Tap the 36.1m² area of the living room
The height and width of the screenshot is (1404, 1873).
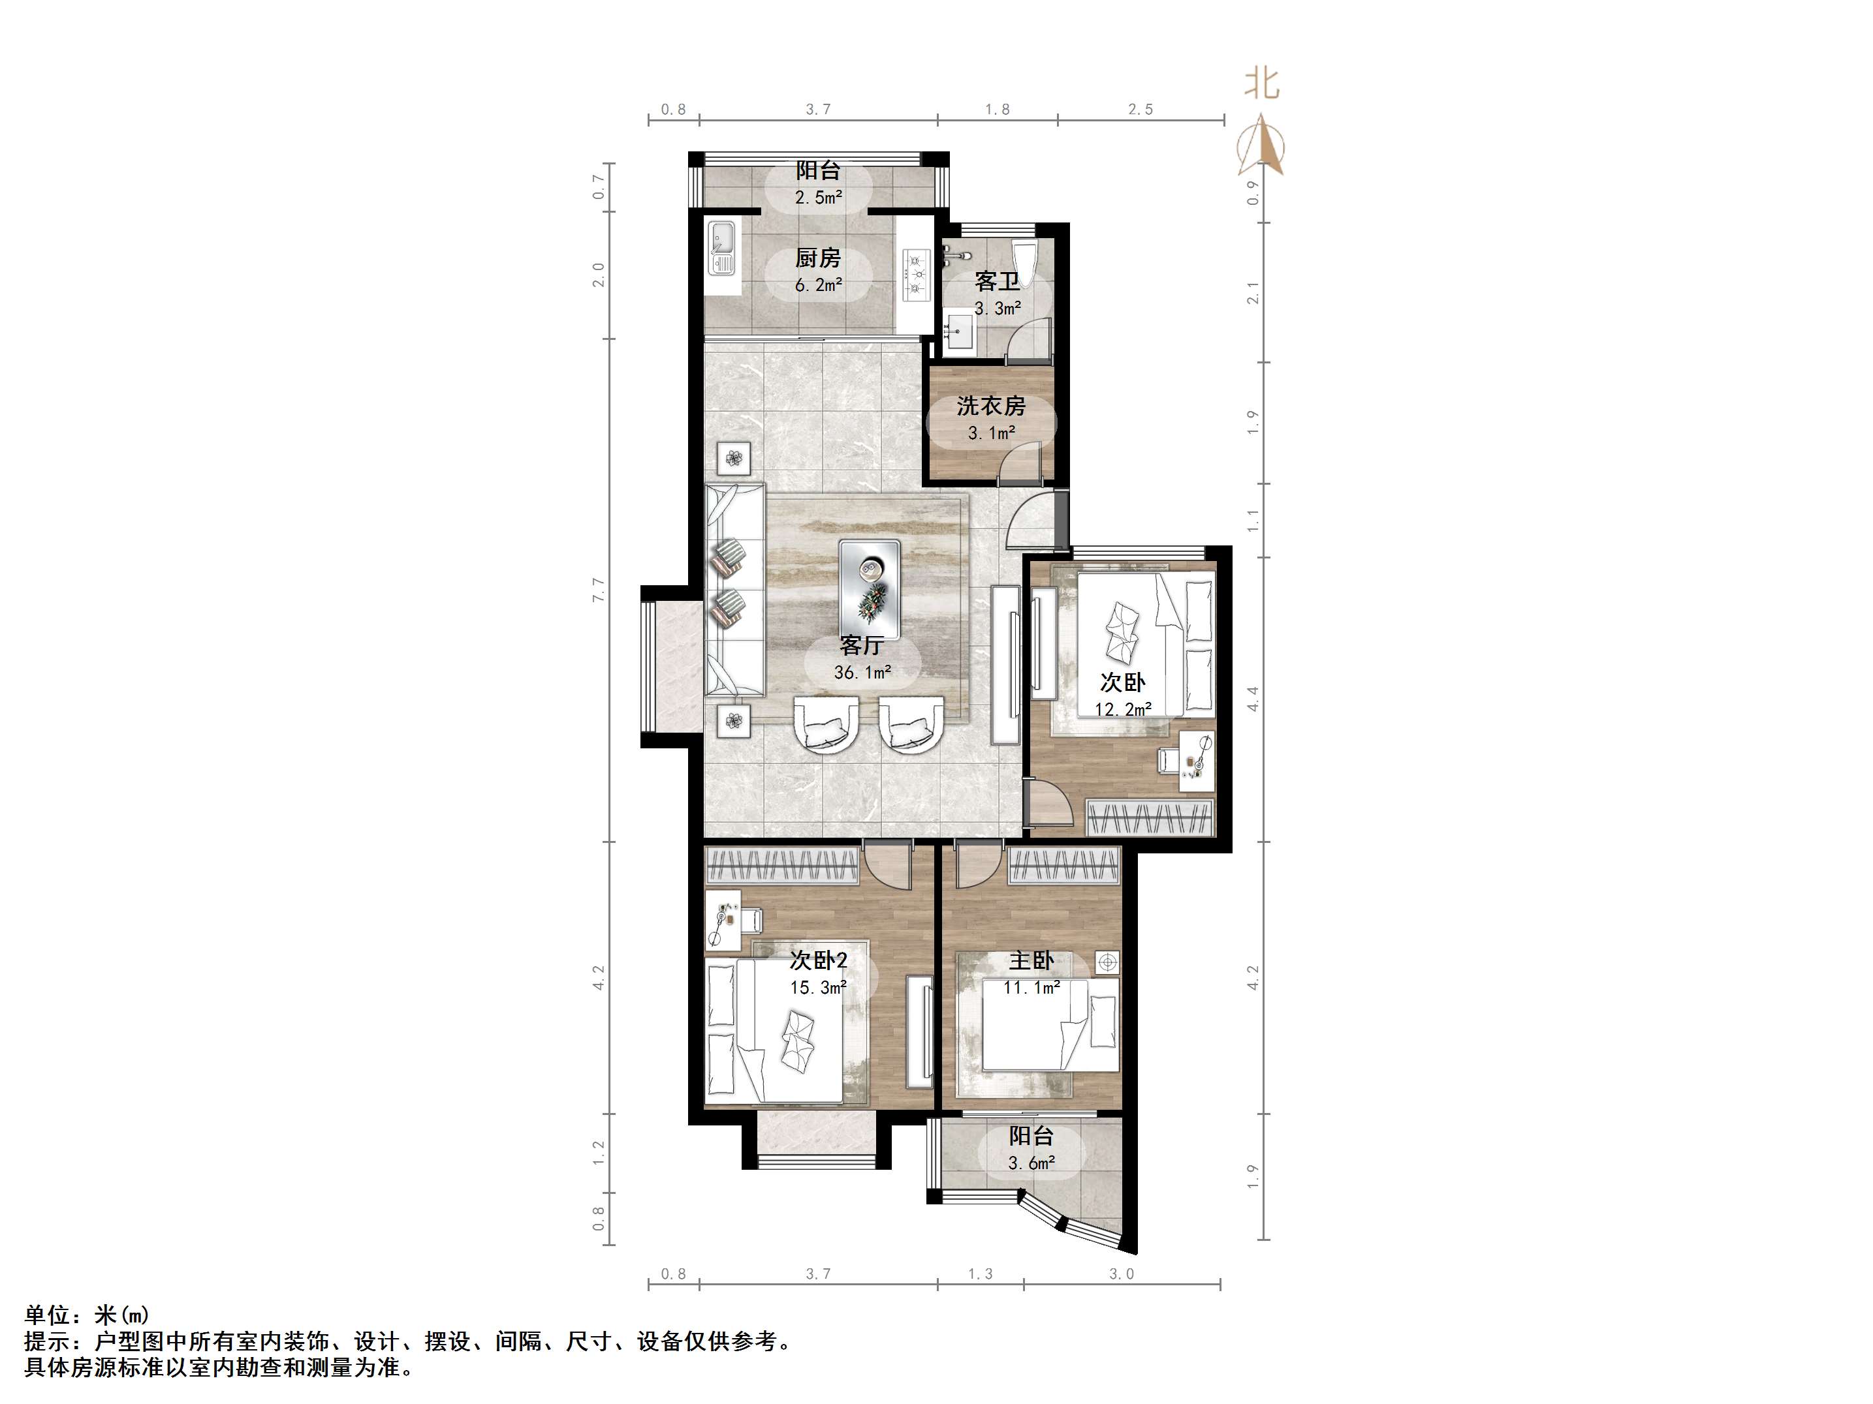[862, 673]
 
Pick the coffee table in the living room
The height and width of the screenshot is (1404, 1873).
[870, 590]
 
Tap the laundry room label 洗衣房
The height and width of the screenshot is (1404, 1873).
[991, 406]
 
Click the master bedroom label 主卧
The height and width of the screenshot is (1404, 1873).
[1031, 960]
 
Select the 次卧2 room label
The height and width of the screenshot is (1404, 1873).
[818, 960]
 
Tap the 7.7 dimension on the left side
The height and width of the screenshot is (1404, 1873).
[599, 590]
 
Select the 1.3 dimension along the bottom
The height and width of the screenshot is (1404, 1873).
[981, 1274]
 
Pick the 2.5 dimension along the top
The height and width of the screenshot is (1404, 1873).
[1141, 109]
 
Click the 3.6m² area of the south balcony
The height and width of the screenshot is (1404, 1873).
[1031, 1164]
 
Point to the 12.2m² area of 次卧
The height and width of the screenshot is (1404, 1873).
[1123, 709]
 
